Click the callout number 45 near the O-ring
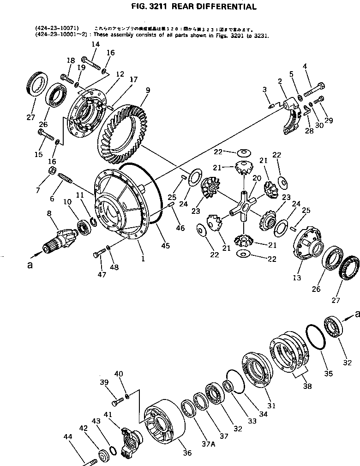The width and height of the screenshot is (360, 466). click(x=165, y=245)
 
